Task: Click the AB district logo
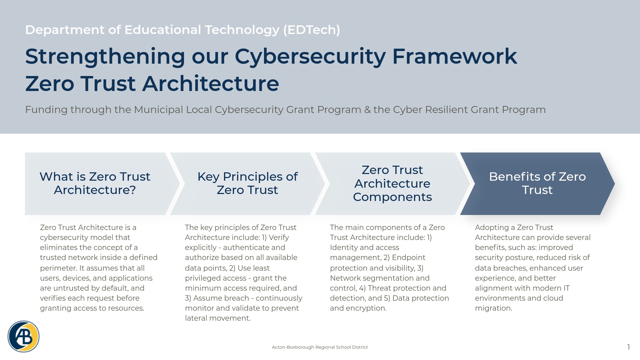pyautogui.click(x=23, y=336)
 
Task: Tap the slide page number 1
pyautogui.click(x=628, y=347)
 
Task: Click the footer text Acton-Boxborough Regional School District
pyautogui.click(x=320, y=347)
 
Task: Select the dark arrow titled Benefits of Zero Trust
pyautogui.click(x=537, y=183)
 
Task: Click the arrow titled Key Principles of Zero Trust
pyautogui.click(x=247, y=183)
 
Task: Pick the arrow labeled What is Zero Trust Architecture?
pyautogui.click(x=95, y=183)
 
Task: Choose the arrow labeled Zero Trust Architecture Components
pyautogui.click(x=392, y=183)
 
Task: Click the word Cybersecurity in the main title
pyautogui.click(x=310, y=57)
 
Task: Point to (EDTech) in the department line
pyautogui.click(x=311, y=30)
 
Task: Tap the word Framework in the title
pyautogui.click(x=454, y=57)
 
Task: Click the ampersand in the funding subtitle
pyautogui.click(x=367, y=110)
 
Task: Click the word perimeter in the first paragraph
pyautogui.click(x=58, y=268)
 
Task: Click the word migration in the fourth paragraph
pyautogui.click(x=493, y=308)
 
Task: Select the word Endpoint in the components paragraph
pyautogui.click(x=408, y=258)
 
